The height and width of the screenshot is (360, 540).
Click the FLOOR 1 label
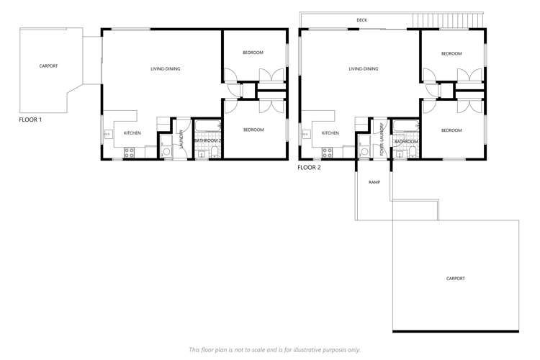pos(30,120)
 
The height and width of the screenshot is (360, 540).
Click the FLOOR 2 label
pos(309,167)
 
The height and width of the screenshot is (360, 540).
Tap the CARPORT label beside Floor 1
pos(48,66)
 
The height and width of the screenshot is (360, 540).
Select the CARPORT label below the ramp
pos(455,278)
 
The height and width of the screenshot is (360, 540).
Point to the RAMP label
pos(374,182)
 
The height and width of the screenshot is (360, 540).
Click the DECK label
pos(362,20)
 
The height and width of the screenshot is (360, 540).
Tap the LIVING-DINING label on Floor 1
pos(165,69)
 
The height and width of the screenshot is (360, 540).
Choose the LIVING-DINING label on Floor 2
pos(363,69)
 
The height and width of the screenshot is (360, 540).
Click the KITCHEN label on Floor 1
pos(132,133)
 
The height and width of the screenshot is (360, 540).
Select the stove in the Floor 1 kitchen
pos(130,152)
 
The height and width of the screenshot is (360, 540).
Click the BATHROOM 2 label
pos(207,141)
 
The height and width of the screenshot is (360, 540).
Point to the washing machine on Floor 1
pos(166,152)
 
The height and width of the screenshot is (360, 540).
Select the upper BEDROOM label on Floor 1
pos(253,53)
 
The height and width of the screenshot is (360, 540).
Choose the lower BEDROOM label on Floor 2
pos(451,130)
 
